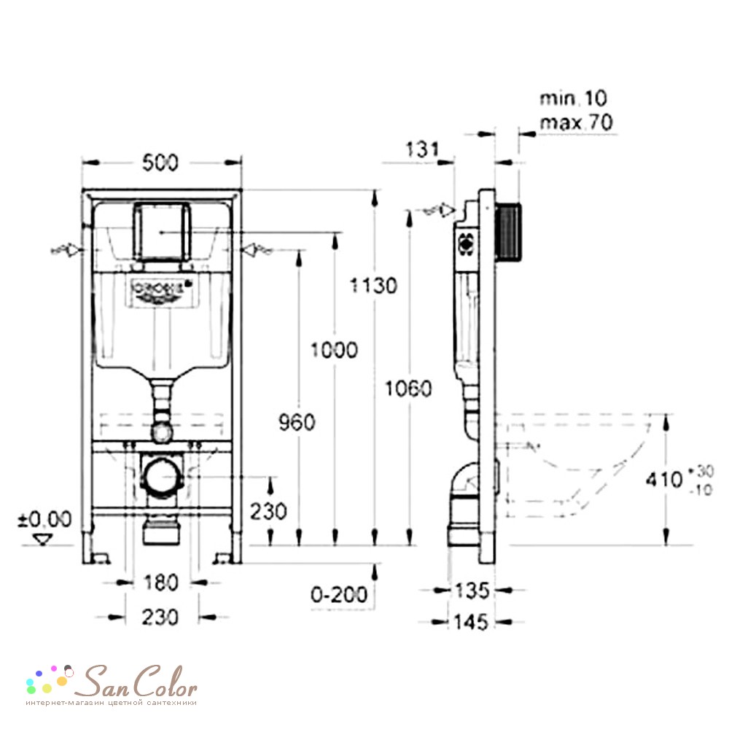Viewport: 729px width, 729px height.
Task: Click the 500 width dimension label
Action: [160, 164]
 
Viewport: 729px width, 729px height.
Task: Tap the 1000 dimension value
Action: [333, 350]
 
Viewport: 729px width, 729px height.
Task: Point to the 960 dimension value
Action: [296, 422]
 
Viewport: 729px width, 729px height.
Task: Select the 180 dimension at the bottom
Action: [160, 582]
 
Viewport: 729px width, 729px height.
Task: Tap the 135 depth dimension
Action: [471, 589]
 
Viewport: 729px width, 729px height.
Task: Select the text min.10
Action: [573, 98]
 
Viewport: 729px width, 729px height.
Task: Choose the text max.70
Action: [576, 122]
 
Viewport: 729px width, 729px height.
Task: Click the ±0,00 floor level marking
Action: [45, 519]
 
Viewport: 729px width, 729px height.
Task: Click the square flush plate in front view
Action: [162, 231]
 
